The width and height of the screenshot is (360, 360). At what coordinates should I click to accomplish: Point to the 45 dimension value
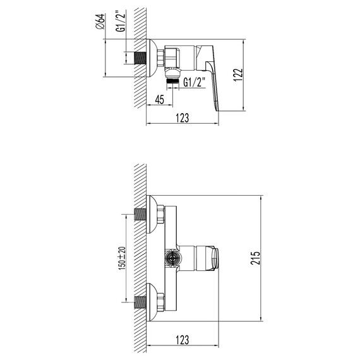pos(160,99)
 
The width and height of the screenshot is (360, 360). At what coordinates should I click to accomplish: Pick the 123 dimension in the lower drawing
pos(183,340)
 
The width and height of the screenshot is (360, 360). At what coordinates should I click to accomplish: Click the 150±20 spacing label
pos(123,258)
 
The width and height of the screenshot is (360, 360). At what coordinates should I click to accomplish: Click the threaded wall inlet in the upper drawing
pos(140,57)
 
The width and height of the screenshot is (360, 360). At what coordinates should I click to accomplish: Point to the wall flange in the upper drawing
pos(150,57)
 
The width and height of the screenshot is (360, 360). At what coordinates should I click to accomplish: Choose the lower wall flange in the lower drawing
pos(150,303)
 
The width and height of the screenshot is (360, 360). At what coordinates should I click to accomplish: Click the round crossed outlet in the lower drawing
pos(170,258)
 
